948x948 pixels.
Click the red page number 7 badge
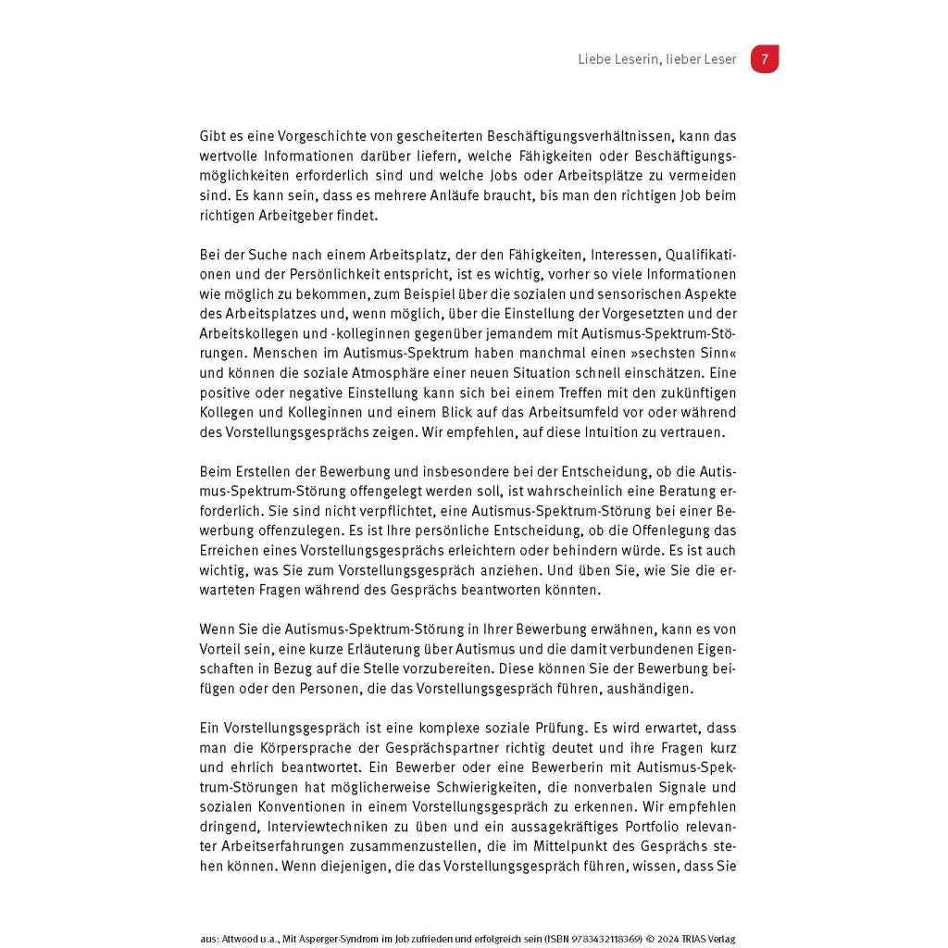(x=765, y=59)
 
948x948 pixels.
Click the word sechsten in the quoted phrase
(x=646, y=353)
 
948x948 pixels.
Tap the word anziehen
(x=482, y=570)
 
